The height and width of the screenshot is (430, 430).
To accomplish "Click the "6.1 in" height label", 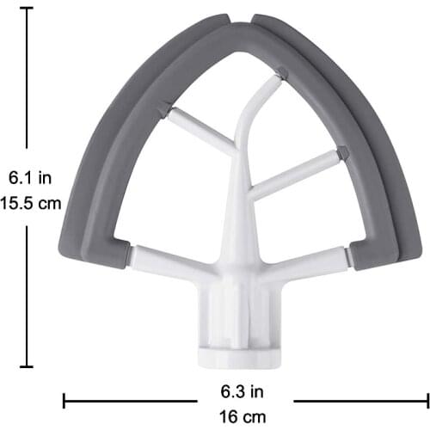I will coord(30,179).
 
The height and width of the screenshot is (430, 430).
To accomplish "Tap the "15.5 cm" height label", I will coord(30,204).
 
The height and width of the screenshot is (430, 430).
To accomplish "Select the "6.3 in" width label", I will coord(245,391).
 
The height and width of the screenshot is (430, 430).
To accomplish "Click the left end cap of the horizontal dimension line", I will coord(64,402).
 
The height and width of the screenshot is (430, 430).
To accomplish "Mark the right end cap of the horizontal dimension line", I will coord(426,402).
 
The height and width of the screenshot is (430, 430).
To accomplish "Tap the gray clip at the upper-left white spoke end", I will coord(163,107).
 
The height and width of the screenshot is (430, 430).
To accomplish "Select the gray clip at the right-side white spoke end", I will coord(342,153).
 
